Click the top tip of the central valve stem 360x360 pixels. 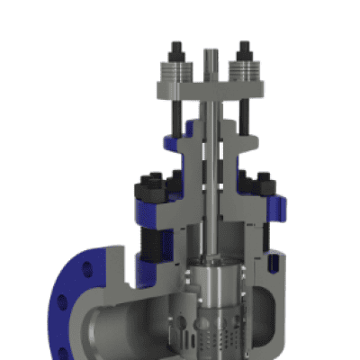(x=212, y=50)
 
